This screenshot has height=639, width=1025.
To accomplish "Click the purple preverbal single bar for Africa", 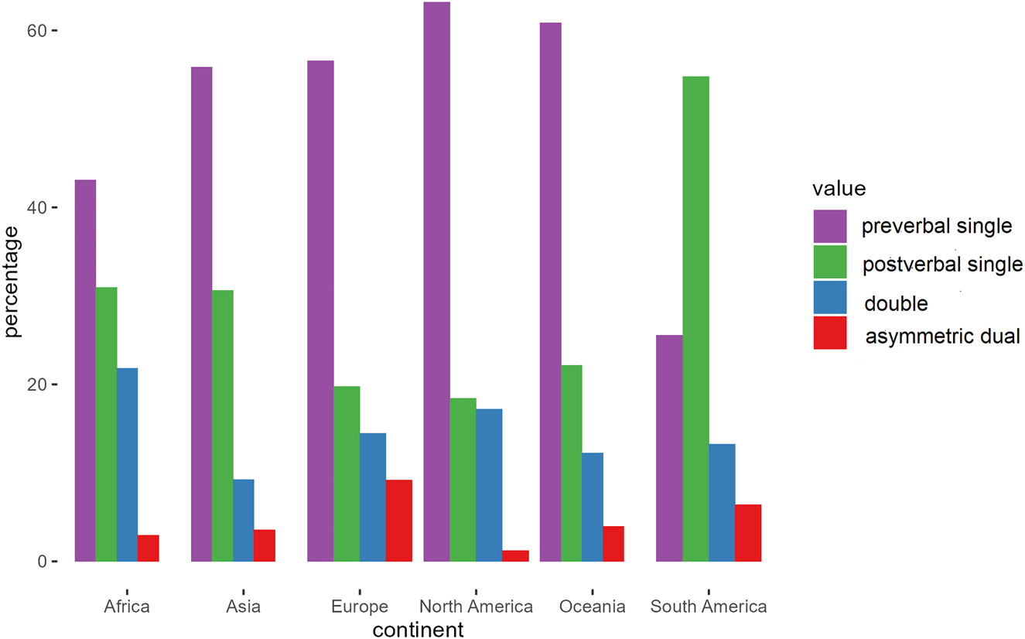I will pyautogui.click(x=85, y=371).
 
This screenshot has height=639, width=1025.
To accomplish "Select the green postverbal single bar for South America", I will pyautogui.click(x=695, y=319).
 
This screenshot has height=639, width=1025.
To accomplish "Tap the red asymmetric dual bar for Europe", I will pyautogui.click(x=398, y=521).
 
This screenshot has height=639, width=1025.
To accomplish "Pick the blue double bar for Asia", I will pyautogui.click(x=244, y=521).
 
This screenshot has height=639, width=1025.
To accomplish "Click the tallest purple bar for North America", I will pyautogui.click(x=436, y=282).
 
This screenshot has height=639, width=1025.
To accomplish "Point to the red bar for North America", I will pyautogui.click(x=514, y=556).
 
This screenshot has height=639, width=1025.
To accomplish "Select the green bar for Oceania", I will pyautogui.click(x=572, y=463).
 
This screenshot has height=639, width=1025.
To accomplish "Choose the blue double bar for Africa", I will pyautogui.click(x=128, y=464).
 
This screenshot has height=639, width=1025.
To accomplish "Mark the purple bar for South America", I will pyautogui.click(x=669, y=448).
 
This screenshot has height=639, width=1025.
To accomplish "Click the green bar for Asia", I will pyautogui.click(x=223, y=425).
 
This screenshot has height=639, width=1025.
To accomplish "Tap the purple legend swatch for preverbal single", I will pyautogui.click(x=829, y=226).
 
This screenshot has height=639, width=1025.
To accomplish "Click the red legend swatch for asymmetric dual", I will pyautogui.click(x=829, y=333).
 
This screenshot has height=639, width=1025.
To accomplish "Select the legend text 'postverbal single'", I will pyautogui.click(x=941, y=265).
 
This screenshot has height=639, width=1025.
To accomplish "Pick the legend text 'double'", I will pyautogui.click(x=896, y=303).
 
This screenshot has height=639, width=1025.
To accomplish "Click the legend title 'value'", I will pyautogui.click(x=839, y=188).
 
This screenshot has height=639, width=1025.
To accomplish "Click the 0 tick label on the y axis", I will pyautogui.click(x=43, y=562).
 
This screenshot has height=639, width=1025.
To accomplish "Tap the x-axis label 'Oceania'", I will pyautogui.click(x=592, y=607).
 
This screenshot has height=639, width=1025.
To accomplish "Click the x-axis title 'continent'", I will pyautogui.click(x=418, y=630).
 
